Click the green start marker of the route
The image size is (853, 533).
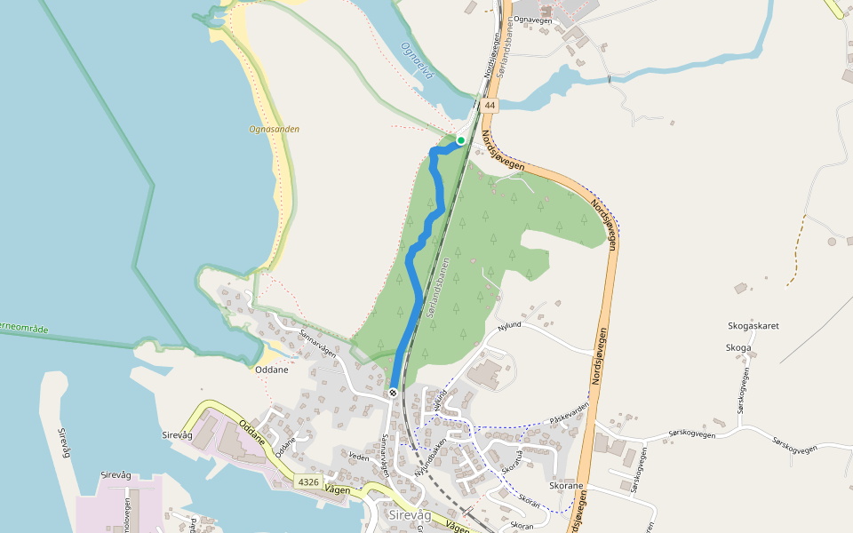click(x=461, y=139)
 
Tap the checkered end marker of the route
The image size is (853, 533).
click(x=393, y=392)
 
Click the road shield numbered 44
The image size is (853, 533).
click(x=490, y=106)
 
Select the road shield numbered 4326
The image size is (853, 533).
click(x=308, y=481)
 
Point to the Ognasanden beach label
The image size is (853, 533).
click(x=274, y=129)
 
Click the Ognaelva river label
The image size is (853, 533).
click(x=417, y=60)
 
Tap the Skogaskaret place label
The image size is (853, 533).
click(x=753, y=326)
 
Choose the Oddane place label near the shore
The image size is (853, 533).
click(x=271, y=370)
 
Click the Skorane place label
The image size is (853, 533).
click(x=566, y=487)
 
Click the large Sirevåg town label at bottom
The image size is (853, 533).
click(x=410, y=515)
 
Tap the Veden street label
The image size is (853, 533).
click(x=358, y=457)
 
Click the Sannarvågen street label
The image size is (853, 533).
click(x=317, y=344)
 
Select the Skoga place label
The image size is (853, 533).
click(x=738, y=347)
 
